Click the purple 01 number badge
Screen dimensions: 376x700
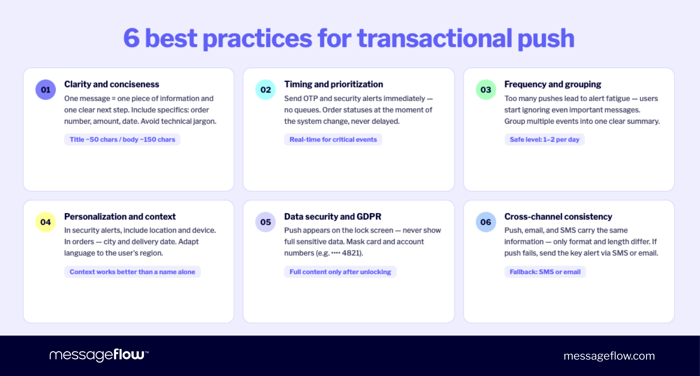click(x=45, y=90)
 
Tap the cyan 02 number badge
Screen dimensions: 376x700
click(x=266, y=90)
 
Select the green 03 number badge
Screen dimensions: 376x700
click(x=486, y=90)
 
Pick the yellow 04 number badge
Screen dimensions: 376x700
click(x=45, y=222)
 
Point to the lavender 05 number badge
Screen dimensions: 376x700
click(x=266, y=222)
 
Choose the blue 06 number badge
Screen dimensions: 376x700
click(x=486, y=222)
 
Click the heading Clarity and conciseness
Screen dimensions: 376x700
click(x=111, y=84)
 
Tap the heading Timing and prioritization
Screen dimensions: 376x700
click(x=334, y=84)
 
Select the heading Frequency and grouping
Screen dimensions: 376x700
click(x=553, y=84)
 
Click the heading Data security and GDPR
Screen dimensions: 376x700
click(x=333, y=216)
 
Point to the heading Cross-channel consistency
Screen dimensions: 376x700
click(x=558, y=216)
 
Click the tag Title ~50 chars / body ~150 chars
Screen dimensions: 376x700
click(x=122, y=139)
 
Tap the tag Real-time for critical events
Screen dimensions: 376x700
click(x=333, y=139)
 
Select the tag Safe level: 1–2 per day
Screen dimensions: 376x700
click(x=544, y=139)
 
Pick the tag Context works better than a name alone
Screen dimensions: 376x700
click(x=132, y=272)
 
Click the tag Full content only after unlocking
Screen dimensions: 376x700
click(x=340, y=272)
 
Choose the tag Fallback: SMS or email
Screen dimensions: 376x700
click(x=545, y=272)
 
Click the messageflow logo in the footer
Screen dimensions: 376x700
click(x=99, y=355)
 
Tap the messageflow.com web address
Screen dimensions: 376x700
click(x=609, y=356)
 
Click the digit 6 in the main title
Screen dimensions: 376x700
click(x=132, y=38)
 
